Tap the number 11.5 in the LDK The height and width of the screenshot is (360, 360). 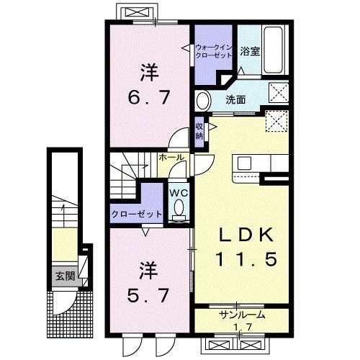[242, 258]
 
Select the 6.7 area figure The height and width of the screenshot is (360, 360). [149, 96]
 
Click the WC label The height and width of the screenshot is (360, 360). [179, 192]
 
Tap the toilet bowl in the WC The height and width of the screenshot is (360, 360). [179, 209]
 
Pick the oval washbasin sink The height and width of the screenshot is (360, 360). [204, 100]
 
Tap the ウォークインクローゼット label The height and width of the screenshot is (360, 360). [214, 52]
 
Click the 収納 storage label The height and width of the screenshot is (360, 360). [199, 131]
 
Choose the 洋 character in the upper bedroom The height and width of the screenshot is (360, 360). [148, 73]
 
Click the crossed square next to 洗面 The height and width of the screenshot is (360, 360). [276, 93]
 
